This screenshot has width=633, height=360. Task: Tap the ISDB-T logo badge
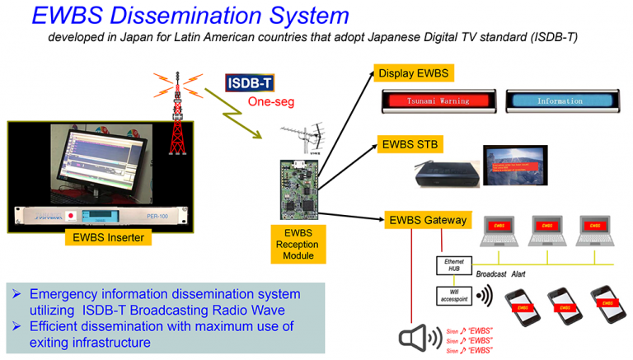(x=250, y=83)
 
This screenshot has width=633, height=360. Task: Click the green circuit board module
(x=298, y=189)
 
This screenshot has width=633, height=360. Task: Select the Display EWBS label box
(x=413, y=73)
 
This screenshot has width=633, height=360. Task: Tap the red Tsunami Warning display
(x=438, y=101)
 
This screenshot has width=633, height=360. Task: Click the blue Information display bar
(x=560, y=101)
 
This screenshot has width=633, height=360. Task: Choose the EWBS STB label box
(x=410, y=144)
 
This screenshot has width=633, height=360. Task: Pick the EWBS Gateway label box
(x=427, y=220)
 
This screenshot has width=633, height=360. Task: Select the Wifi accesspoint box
(x=453, y=295)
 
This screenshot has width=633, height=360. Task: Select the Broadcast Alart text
(x=504, y=274)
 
